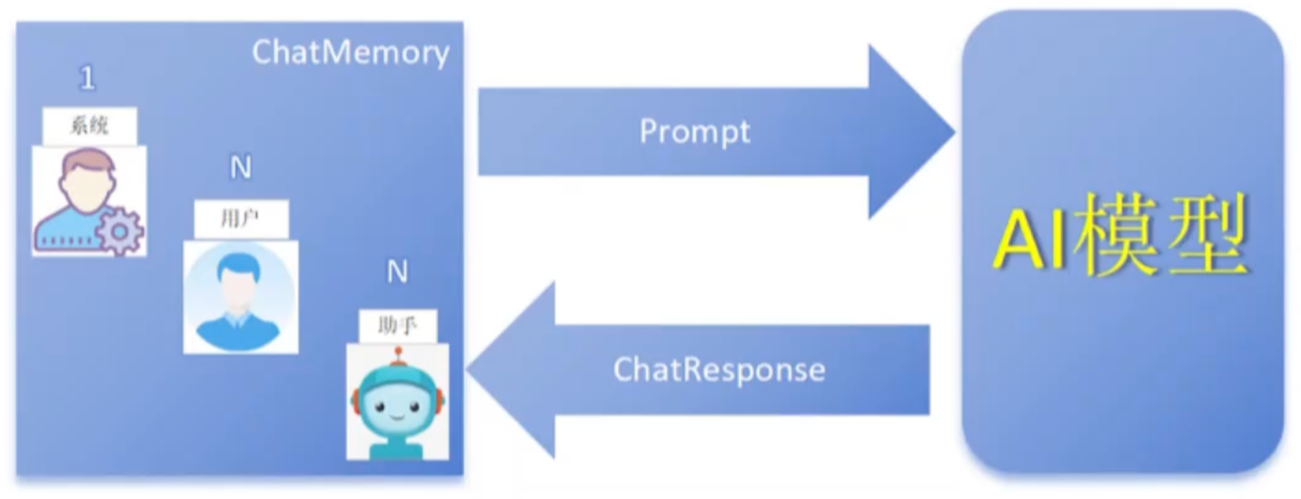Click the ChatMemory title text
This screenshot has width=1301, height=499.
tap(350, 54)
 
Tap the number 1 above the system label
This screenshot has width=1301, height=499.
tap(87, 77)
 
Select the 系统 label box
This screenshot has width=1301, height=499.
tap(89, 126)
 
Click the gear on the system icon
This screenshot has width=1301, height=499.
tap(120, 231)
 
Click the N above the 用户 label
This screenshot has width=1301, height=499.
tap(241, 168)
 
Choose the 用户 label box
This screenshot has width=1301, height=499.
tap(241, 219)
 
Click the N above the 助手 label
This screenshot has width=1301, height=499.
tap(398, 271)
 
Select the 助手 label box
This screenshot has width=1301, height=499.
tap(398, 326)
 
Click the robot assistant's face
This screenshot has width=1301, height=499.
tap(398, 406)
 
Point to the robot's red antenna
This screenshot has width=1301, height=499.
tap(398, 357)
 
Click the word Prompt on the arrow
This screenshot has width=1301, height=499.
tap(694, 132)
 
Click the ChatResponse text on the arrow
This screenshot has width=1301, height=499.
tap(719, 370)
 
